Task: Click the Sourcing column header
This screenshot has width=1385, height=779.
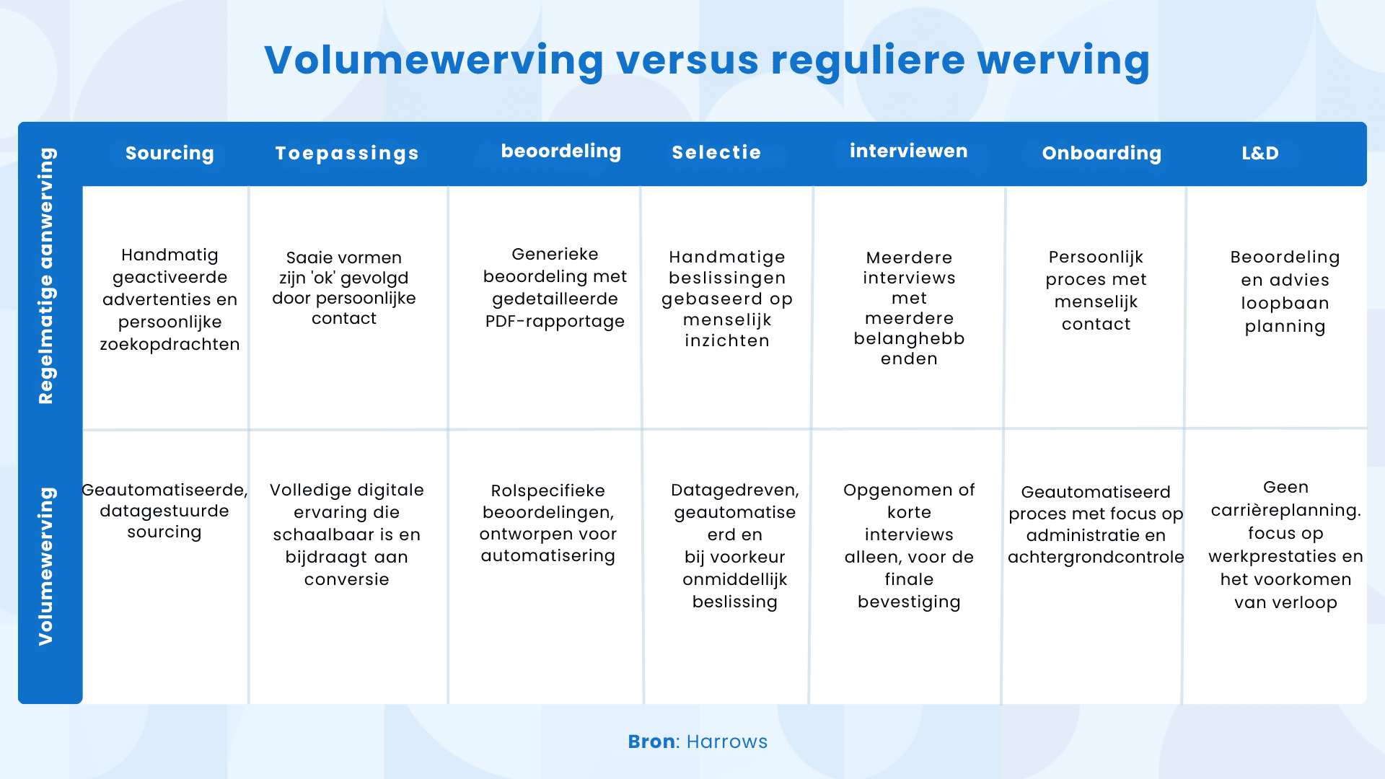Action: click(170, 153)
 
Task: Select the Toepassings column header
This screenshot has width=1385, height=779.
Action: click(347, 154)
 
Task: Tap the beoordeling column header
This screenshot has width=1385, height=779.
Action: click(561, 151)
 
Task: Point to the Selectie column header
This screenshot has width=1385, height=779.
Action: click(716, 152)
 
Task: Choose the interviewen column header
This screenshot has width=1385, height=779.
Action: click(909, 151)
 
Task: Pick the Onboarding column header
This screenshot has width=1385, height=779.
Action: click(1102, 153)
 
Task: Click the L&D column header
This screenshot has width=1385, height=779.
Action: click(1260, 153)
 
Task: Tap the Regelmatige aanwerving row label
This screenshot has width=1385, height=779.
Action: click(46, 276)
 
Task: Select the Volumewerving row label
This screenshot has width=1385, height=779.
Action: click(45, 566)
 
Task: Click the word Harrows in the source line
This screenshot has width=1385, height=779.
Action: click(727, 741)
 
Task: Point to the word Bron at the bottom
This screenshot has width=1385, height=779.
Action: click(651, 741)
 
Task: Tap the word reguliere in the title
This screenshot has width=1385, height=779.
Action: click(868, 61)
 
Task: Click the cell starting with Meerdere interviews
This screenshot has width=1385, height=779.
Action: click(909, 308)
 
